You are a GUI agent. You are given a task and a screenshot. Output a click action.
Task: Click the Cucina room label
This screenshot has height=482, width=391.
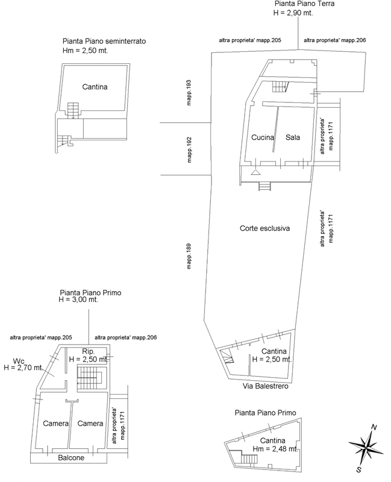(263, 137)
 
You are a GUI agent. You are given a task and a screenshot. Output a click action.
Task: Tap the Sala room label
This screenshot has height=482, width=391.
(293, 137)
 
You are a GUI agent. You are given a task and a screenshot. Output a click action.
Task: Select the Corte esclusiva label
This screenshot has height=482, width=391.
(264, 228)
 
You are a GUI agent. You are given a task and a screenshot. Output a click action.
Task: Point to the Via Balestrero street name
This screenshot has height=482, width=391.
(266, 386)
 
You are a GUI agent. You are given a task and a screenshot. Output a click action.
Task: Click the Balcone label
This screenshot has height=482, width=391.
(71, 458)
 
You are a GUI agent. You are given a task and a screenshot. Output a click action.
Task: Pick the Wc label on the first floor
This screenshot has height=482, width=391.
(19, 361)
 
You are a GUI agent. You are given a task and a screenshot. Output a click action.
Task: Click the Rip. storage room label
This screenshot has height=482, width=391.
(88, 351)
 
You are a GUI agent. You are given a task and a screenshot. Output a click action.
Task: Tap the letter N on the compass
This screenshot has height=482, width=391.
(374, 427)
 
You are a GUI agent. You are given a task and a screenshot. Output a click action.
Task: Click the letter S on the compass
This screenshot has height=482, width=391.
(358, 469)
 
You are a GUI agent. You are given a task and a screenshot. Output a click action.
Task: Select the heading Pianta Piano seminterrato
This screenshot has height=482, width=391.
(104, 41)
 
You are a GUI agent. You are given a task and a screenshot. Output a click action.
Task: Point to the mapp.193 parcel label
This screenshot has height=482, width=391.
(189, 93)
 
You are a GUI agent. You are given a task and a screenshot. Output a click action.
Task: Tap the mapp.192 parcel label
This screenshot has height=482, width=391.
(189, 149)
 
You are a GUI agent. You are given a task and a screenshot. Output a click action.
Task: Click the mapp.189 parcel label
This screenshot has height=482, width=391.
(189, 257)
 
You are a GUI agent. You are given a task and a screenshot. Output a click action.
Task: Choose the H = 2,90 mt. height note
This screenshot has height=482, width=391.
(293, 13)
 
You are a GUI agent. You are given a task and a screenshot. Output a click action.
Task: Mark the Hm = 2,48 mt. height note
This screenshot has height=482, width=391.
(275, 449)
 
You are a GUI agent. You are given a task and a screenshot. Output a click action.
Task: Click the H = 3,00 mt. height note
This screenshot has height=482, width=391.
(78, 299)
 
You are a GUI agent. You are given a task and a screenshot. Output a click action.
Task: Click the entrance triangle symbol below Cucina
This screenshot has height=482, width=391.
(255, 172)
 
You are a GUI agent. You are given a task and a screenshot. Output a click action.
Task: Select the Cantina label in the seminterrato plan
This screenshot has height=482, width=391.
(95, 87)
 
